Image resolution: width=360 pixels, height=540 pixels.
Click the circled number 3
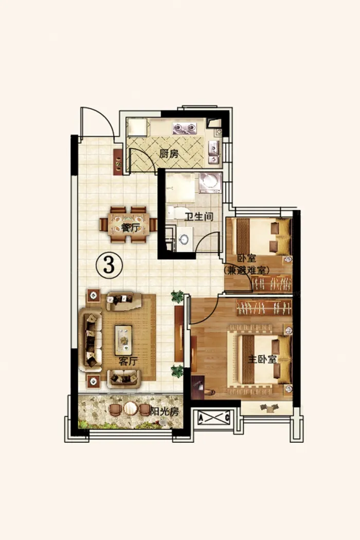[x=109, y=265]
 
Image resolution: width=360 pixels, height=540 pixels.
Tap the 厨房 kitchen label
[x=169, y=154]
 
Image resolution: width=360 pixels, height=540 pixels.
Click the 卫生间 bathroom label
[x=199, y=217]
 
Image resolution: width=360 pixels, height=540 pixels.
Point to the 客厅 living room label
[x=128, y=361]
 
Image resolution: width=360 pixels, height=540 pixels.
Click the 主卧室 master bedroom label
[x=262, y=359]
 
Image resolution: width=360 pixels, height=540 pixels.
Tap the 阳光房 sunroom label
[x=165, y=411]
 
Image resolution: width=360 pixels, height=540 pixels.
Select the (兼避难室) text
[x=246, y=271]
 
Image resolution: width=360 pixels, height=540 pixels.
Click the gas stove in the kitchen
[x=184, y=128]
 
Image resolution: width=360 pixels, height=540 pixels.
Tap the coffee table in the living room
[x=123, y=340]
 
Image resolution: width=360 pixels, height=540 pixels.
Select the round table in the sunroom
[x=131, y=409]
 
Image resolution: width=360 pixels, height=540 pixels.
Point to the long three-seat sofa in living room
[x=91, y=340]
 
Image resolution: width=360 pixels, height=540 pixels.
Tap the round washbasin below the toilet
[x=184, y=239]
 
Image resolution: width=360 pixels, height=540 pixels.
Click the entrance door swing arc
[x=109, y=117]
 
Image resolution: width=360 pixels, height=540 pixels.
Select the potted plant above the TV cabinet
[x=177, y=296]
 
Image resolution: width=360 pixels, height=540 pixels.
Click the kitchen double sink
[x=214, y=152]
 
